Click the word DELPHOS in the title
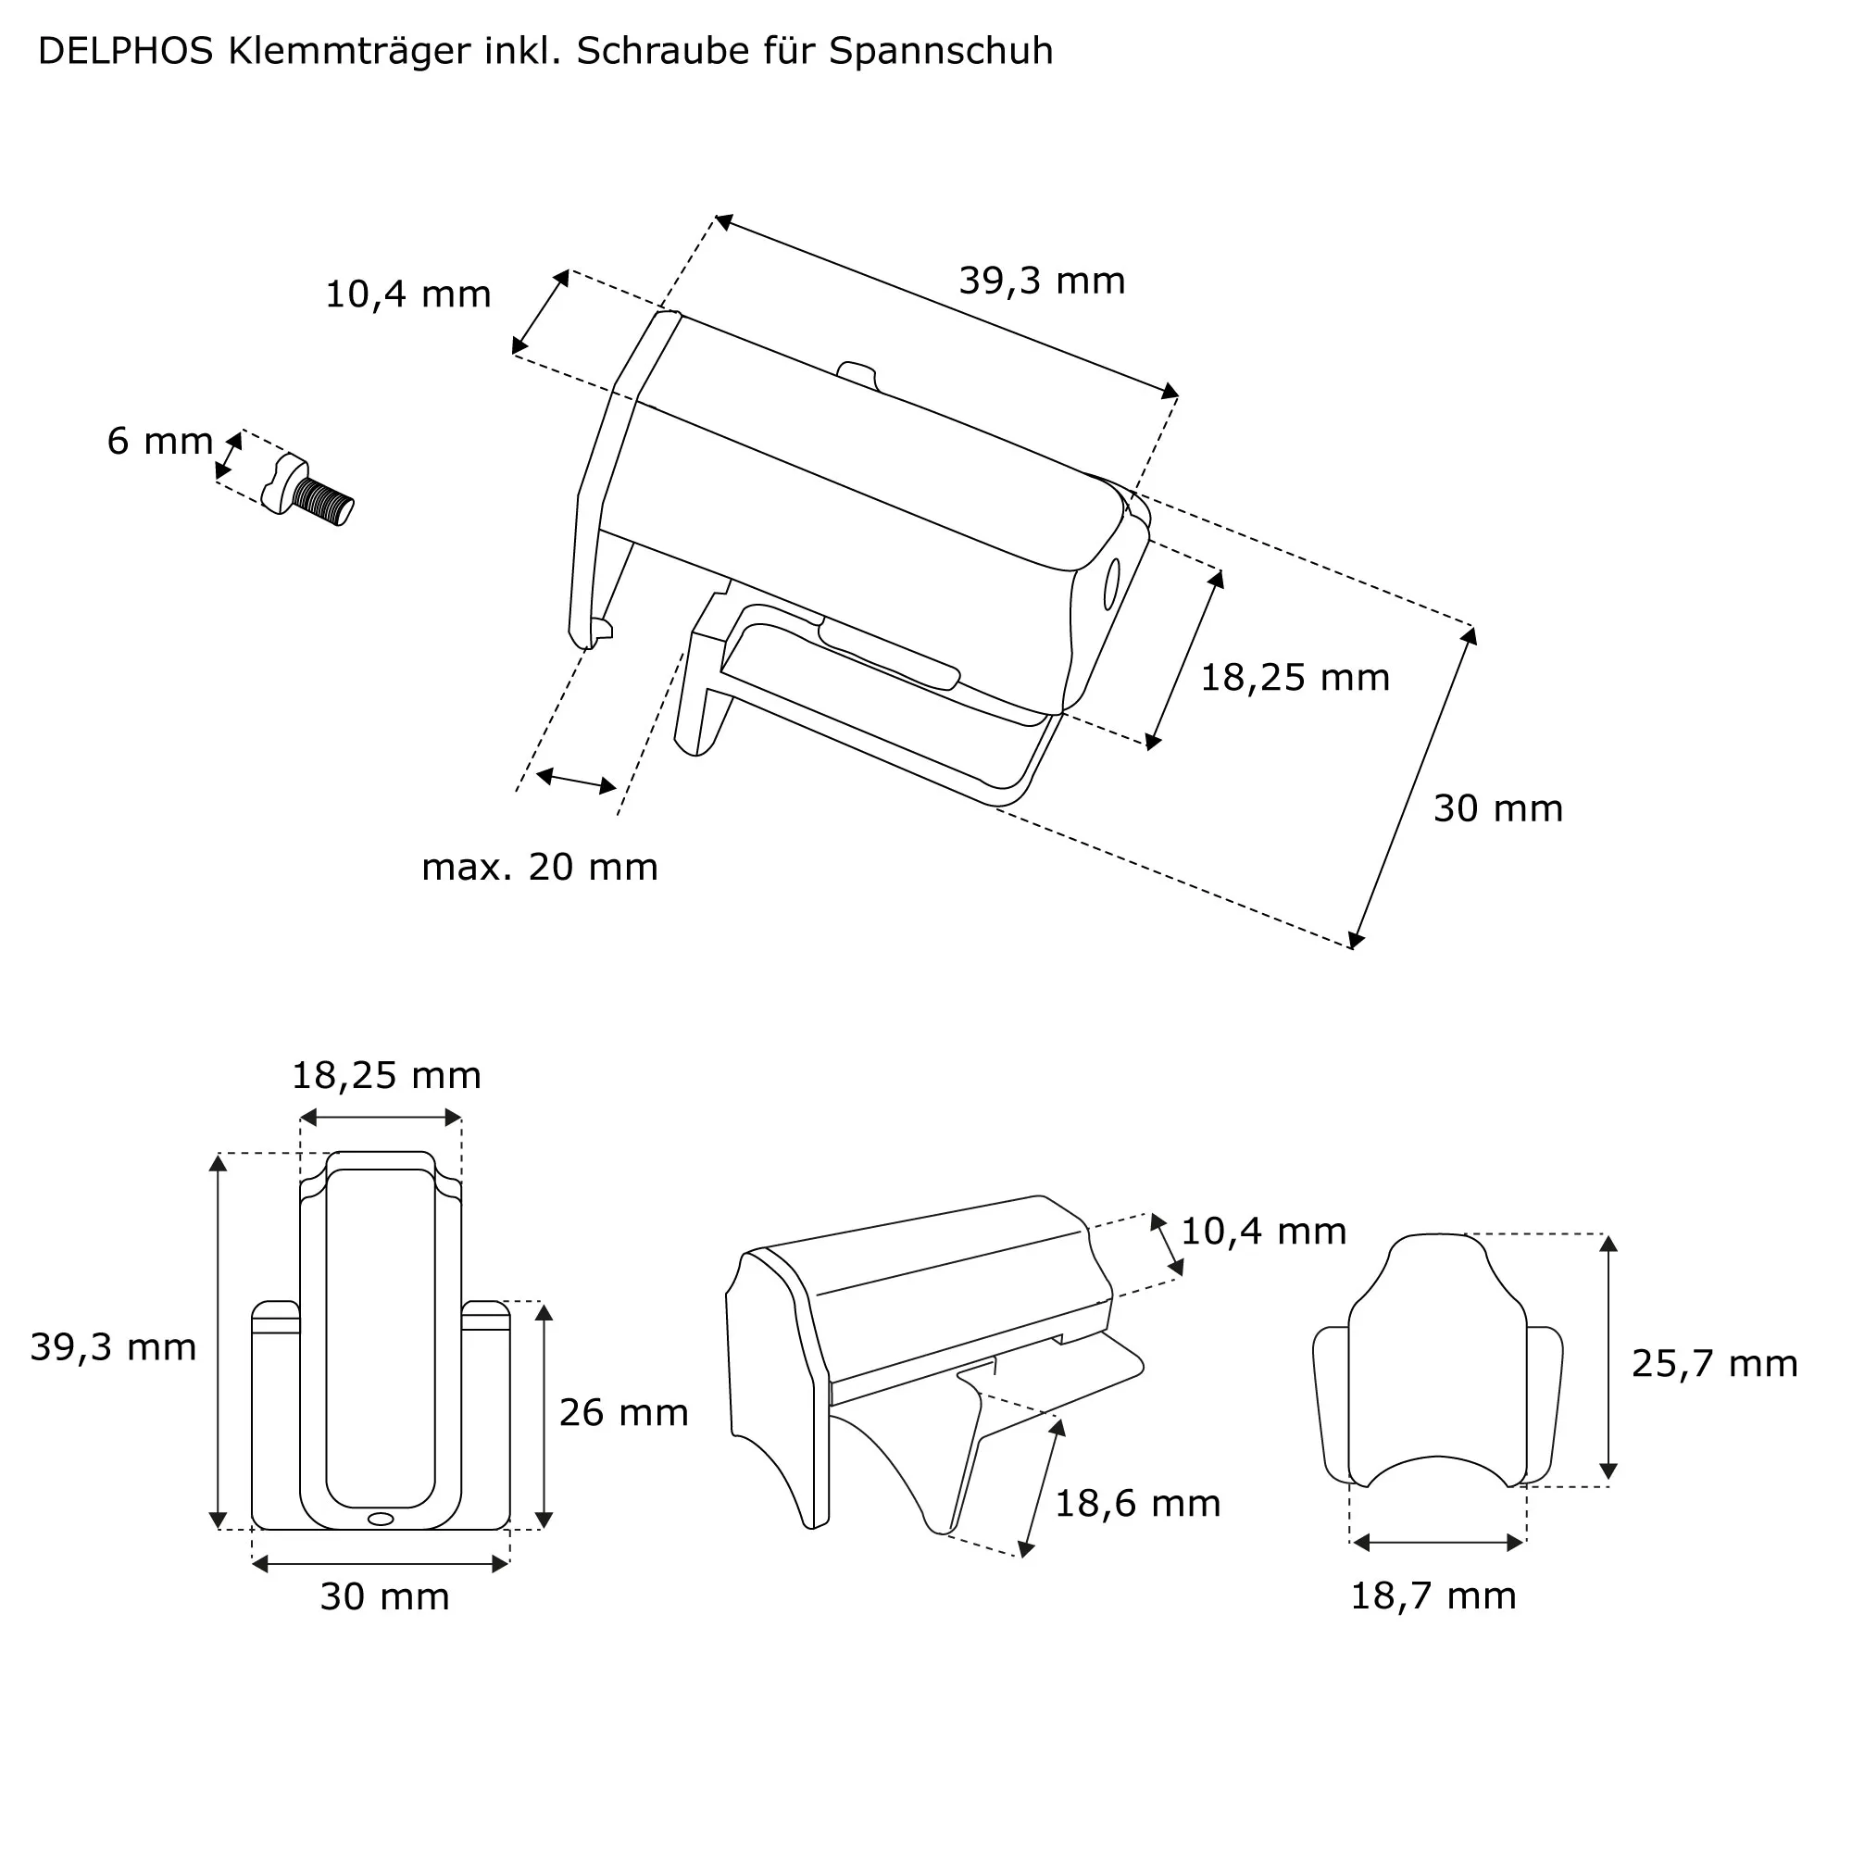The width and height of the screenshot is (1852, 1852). click(x=125, y=52)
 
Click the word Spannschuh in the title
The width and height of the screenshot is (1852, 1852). click(x=941, y=52)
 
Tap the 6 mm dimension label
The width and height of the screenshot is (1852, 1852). click(x=160, y=442)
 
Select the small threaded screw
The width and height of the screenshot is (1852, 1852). click(x=308, y=492)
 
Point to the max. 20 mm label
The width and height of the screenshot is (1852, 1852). click(x=540, y=868)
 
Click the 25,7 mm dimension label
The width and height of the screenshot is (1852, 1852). click(x=1714, y=1364)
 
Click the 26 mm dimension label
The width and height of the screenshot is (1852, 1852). click(x=623, y=1413)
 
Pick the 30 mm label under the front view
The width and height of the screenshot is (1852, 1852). click(x=384, y=1597)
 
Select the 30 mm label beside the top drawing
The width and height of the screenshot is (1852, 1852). click(x=1497, y=809)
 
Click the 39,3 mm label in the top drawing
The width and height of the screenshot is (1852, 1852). click(x=1041, y=281)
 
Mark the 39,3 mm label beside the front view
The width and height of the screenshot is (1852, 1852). click(x=113, y=1347)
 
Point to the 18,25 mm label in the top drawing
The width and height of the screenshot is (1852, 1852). click(x=1295, y=679)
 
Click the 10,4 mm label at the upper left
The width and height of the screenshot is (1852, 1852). click(x=407, y=294)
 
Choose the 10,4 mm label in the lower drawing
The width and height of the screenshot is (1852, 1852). click(x=1262, y=1232)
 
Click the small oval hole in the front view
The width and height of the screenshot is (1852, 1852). click(x=381, y=1519)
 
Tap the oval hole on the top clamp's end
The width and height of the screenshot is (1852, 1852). click(x=1112, y=583)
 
